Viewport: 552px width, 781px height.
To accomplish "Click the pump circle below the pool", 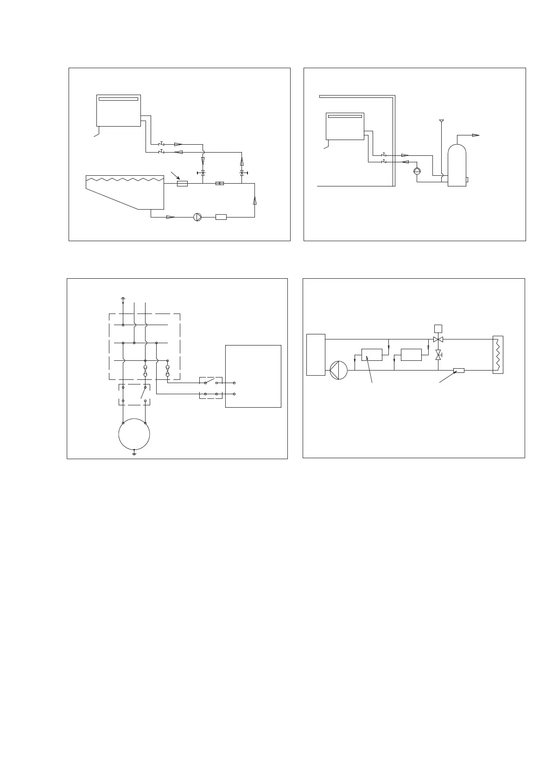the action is (x=197, y=217).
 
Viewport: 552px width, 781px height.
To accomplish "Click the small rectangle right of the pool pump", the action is (x=221, y=217).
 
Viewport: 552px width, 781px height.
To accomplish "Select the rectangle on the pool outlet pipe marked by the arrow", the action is (x=182, y=184).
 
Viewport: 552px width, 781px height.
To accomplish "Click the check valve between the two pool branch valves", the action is (x=220, y=183).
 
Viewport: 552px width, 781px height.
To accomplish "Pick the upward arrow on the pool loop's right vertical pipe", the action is (x=254, y=201).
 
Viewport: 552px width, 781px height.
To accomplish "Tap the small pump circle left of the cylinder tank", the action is (x=417, y=171).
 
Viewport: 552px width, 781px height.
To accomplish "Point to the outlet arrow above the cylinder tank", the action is (x=476, y=135).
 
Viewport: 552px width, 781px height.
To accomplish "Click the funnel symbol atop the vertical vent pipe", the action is (x=441, y=121).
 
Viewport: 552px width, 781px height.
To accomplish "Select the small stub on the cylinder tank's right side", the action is (x=467, y=179).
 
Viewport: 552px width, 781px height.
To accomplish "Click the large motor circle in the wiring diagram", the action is (x=134, y=434).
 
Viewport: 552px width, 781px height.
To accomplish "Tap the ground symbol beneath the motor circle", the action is (x=134, y=452).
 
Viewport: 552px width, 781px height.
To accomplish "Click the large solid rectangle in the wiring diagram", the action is (x=253, y=376).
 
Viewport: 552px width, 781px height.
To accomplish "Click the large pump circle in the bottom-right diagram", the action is (x=339, y=371).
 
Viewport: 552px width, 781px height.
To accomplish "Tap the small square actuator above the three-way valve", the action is (x=438, y=328).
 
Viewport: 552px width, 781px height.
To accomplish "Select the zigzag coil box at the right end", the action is (x=497, y=355).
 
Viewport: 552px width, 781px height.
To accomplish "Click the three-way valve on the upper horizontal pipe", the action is (x=438, y=339).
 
